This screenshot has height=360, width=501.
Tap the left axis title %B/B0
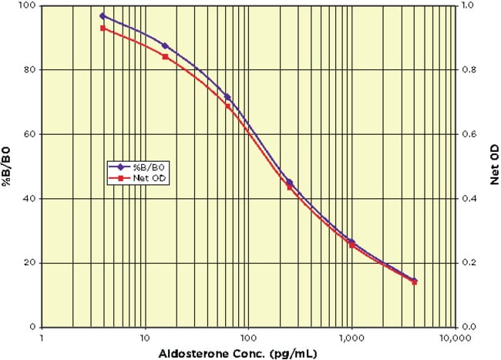(x=8, y=166)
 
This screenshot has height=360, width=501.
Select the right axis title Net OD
(x=491, y=166)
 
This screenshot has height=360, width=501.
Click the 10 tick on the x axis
(x=144, y=337)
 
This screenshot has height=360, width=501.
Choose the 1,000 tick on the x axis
(x=351, y=337)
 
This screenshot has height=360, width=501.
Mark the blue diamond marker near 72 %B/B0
(x=227, y=96)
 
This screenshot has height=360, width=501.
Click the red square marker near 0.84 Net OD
(x=165, y=56)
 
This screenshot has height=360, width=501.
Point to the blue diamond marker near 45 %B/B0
(x=289, y=182)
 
